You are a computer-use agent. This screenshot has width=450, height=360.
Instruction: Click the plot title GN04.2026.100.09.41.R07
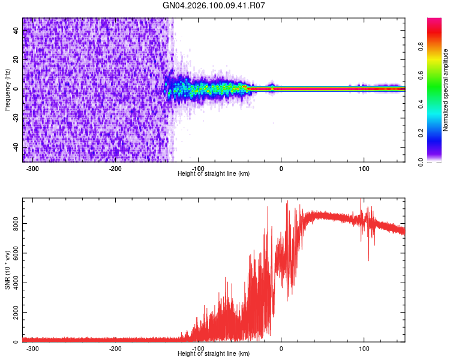(x=214, y=5)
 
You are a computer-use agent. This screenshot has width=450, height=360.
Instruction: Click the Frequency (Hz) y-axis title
(x=7, y=89)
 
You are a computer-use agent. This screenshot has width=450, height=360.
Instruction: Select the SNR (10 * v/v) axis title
(x=7, y=270)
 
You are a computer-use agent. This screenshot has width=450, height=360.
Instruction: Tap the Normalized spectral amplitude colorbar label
(x=446, y=90)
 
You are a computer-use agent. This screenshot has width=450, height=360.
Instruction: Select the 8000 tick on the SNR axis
(x=13, y=223)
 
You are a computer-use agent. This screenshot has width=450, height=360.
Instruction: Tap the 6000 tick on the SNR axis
(x=13, y=253)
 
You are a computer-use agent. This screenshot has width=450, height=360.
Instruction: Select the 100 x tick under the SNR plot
(x=364, y=349)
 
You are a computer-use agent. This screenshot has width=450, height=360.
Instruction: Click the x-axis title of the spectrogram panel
(x=214, y=174)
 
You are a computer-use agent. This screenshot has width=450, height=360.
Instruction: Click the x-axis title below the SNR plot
(x=214, y=354)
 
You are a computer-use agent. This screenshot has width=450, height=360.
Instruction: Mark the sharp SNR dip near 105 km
(x=368, y=260)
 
